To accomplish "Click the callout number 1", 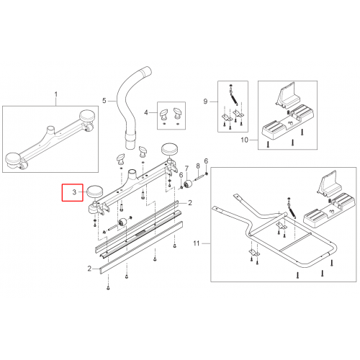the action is pos(56,94).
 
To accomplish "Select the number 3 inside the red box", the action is pos(74,192).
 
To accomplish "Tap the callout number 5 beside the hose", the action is pos(104,101).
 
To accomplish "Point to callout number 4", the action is pos(146,112).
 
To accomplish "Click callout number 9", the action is pos(205,102).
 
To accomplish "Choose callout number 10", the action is pos(245,140).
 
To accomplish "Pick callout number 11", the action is pos(197,243).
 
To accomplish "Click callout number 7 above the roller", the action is pos(186,169).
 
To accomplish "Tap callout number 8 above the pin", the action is pos(198,166).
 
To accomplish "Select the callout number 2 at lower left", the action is pos(89,269).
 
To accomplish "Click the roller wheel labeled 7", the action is pos(188,184).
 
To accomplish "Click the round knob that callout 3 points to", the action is pos(94,192).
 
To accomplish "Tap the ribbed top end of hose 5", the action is pos(146,72).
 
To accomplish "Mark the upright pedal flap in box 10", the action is pos(288,94).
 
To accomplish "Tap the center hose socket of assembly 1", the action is pos(51,130).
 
